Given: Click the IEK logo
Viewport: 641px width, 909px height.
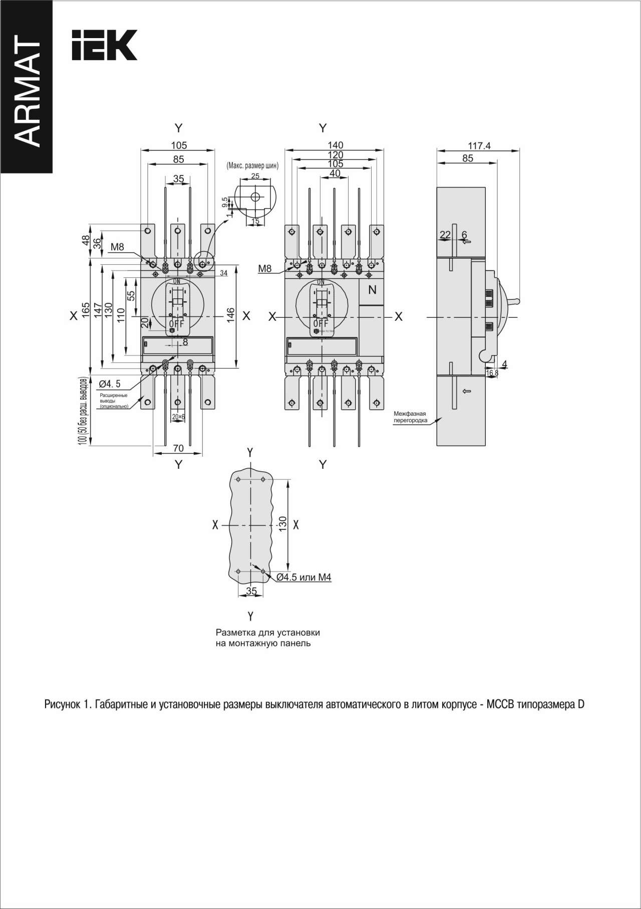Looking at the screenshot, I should pos(104,45).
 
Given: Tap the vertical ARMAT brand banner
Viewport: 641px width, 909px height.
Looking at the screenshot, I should pos(26,90).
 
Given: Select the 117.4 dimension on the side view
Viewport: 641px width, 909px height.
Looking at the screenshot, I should pos(479,146).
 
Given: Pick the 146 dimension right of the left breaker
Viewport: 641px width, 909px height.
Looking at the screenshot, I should pos(231,315).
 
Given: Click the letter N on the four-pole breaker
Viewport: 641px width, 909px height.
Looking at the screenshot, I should pos(372,289).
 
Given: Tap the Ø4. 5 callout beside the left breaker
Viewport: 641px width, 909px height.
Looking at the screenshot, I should pos(110,384).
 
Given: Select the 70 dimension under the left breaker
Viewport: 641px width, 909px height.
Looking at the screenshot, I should pos(178,448).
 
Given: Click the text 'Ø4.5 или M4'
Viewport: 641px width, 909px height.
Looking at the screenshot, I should pos(304,577).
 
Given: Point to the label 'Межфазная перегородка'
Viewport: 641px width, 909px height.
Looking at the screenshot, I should pos(410,417).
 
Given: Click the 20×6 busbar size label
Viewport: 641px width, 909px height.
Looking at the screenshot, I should pos(178,417).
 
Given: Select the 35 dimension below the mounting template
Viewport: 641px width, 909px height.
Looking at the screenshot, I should pos(251,591).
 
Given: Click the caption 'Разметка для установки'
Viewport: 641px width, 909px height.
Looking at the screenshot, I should pos(267,633).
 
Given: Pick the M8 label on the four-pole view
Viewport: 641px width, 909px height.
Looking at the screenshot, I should pos(265,269).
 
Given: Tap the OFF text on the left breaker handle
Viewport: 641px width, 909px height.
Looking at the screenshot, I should pos(175,323).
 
